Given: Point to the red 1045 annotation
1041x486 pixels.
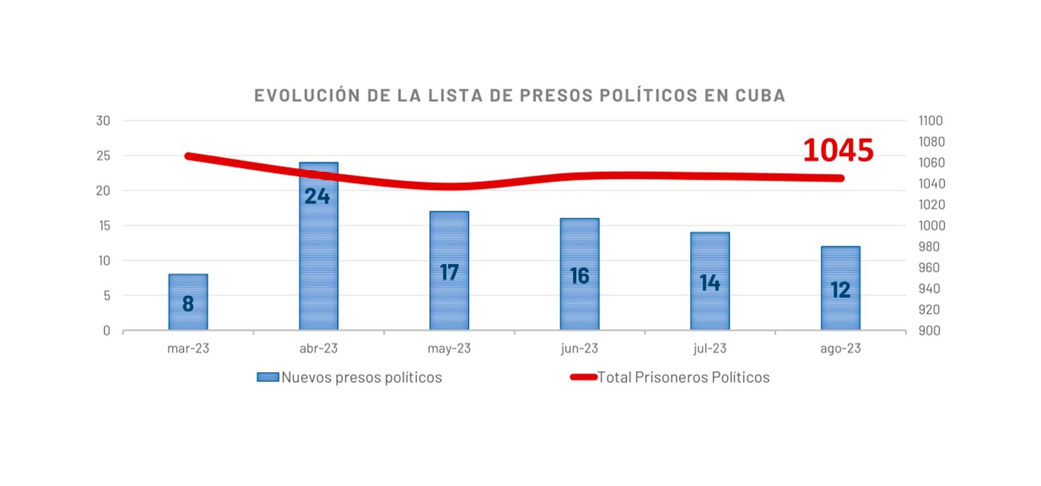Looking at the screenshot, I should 838,150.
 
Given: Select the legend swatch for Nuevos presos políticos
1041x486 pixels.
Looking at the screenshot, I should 267,377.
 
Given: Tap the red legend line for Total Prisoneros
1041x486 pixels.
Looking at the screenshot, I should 583,377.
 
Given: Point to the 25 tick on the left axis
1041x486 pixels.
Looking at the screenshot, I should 103,156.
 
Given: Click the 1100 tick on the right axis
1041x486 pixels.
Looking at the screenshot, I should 930,120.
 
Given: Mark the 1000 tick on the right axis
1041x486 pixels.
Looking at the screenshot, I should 931,226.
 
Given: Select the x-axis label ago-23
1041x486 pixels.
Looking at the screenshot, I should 840,348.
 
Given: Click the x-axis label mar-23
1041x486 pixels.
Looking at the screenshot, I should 188,348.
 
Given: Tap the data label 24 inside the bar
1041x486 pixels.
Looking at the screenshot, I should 317,196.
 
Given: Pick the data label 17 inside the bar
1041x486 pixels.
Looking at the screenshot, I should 449,272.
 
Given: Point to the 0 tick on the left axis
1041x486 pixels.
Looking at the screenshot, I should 107,330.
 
